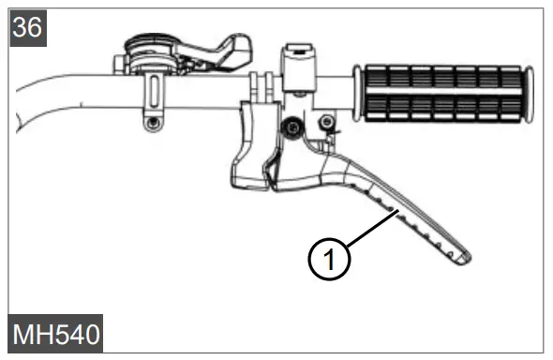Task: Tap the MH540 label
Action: [56, 334]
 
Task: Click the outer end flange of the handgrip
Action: [530, 93]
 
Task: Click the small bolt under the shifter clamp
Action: [149, 122]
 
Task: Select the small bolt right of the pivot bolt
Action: [325, 122]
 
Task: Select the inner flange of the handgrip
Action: [357, 93]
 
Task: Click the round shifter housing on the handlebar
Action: [149, 51]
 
